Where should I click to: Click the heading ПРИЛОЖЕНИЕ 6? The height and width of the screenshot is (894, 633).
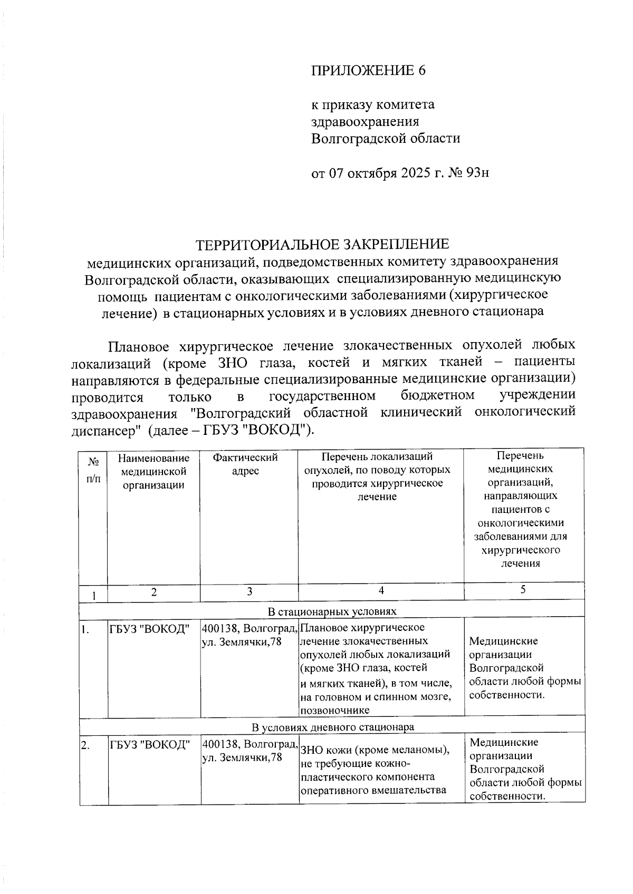pos(368,71)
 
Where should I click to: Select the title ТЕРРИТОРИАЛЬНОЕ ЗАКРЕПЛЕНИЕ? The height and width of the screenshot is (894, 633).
pos(322,244)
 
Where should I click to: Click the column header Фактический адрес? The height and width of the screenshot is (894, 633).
pos(245,464)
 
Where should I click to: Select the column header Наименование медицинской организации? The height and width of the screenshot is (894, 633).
pos(154,471)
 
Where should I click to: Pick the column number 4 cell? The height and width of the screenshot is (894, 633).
pos(381,591)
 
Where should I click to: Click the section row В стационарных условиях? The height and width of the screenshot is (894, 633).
pos(332,611)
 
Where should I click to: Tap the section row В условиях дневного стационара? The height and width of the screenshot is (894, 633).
pos(332,727)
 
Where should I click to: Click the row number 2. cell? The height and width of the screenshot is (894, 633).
pos(85,745)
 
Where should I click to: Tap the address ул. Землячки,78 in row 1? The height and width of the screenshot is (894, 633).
pos(242,642)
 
